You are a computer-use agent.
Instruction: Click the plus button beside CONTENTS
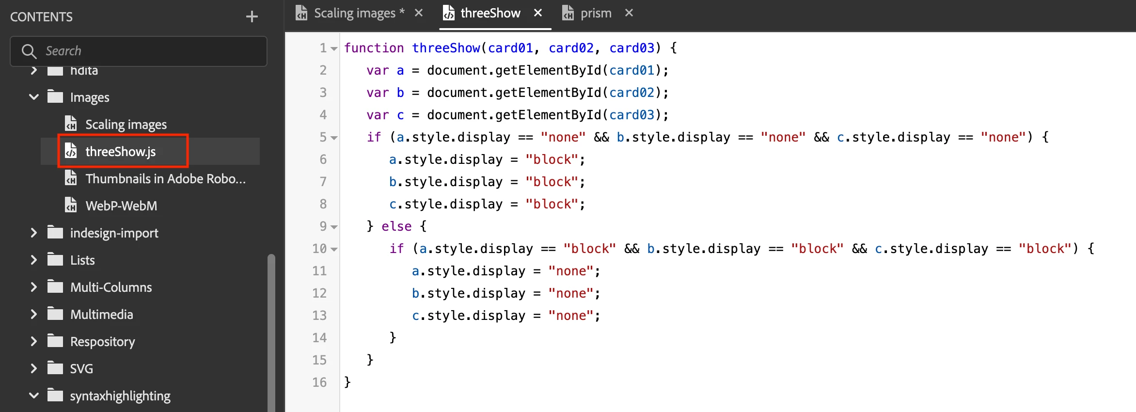pyautogui.click(x=252, y=17)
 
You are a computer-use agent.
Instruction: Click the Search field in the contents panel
pyautogui.click(x=139, y=51)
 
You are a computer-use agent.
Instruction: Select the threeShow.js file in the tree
pyautogui.click(x=121, y=152)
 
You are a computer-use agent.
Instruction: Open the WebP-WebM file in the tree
pyautogui.click(x=121, y=206)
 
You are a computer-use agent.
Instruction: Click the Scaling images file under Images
pyautogui.click(x=126, y=125)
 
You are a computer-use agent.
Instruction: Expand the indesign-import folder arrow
pyautogui.click(x=33, y=233)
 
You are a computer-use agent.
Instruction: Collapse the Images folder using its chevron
pyautogui.click(x=33, y=97)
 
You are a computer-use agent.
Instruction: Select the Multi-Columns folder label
pyautogui.click(x=111, y=287)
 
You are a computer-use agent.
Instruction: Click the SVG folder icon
pyautogui.click(x=55, y=368)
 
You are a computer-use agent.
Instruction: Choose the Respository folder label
pyautogui.click(x=103, y=342)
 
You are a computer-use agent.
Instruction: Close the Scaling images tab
pyautogui.click(x=419, y=13)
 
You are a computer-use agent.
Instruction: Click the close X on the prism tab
pyautogui.click(x=629, y=13)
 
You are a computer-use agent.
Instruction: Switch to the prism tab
pyautogui.click(x=596, y=13)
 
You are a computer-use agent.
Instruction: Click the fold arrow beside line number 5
pyautogui.click(x=334, y=138)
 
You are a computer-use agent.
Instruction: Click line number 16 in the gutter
pyautogui.click(x=319, y=382)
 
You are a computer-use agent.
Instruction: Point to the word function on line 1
pyautogui.click(x=374, y=48)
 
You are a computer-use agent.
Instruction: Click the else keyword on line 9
pyautogui.click(x=396, y=226)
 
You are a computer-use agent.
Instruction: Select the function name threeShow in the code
pyautogui.click(x=446, y=48)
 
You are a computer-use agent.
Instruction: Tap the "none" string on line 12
pyautogui.click(x=571, y=293)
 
